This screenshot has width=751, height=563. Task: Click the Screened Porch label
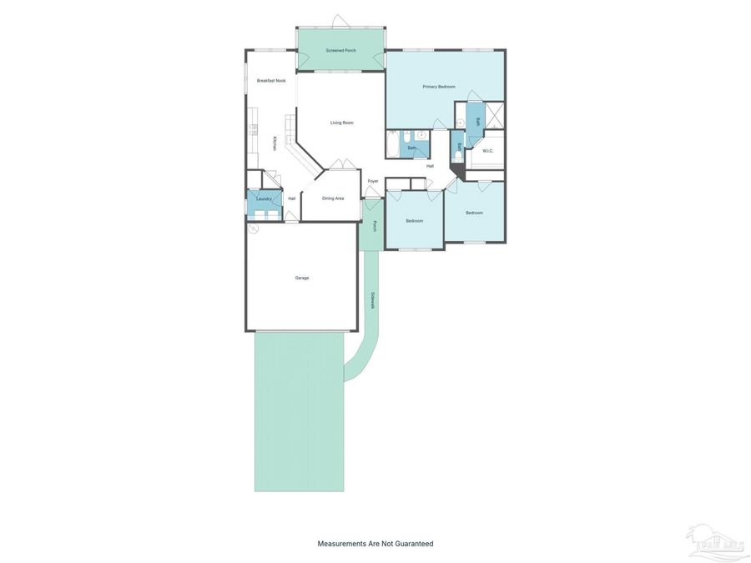click(x=340, y=51)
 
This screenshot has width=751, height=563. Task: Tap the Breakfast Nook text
click(x=271, y=81)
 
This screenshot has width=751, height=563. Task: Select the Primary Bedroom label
click(x=439, y=87)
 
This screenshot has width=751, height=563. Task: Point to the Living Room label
click(x=341, y=123)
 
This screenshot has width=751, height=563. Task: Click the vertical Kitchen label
click(x=275, y=143)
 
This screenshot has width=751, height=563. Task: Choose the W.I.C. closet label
click(x=488, y=151)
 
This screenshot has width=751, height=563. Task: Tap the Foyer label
click(x=373, y=181)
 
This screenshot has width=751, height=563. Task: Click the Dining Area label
click(x=333, y=199)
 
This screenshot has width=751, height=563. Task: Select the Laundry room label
click(x=264, y=199)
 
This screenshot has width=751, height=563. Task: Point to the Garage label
click(x=302, y=278)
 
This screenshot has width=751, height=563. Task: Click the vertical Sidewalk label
click(x=373, y=299)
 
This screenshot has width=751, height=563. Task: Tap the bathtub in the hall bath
click(x=393, y=144)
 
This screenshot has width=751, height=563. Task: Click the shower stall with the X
click(x=495, y=114)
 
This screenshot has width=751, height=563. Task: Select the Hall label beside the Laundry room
click(x=292, y=199)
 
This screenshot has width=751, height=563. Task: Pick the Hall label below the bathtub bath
click(x=430, y=166)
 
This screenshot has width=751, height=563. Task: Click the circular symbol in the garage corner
click(x=254, y=228)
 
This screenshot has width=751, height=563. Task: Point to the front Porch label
click(x=375, y=226)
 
